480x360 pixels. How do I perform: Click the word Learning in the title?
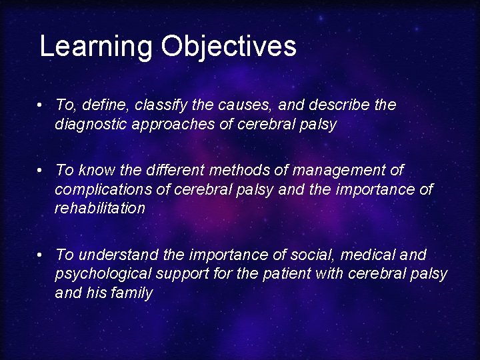coord(96,47)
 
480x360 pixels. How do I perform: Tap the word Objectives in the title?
coord(228,47)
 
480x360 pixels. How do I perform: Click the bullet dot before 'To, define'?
coord(41,105)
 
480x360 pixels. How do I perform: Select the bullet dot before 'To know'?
coord(41,171)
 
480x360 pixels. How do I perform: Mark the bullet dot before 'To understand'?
coord(41,255)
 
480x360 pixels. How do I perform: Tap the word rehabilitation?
coord(100,209)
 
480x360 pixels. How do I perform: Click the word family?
coord(133,293)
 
